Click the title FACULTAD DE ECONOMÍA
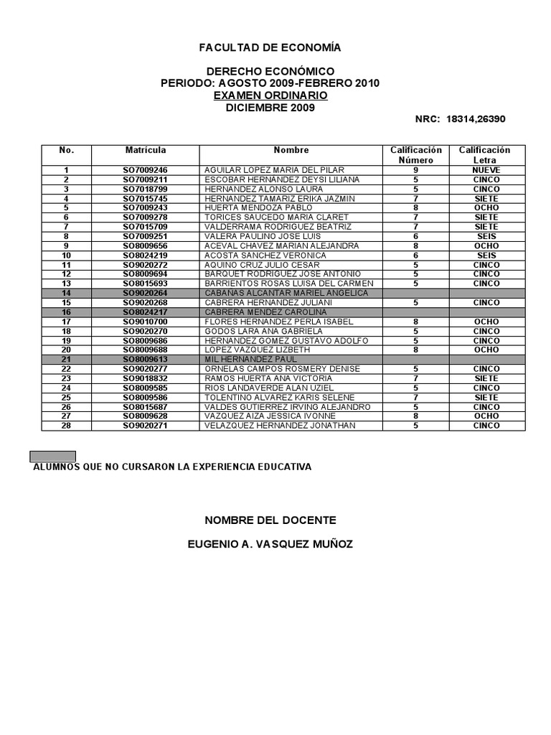(x=270, y=47)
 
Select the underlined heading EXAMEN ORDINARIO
(x=270, y=95)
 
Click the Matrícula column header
(x=146, y=150)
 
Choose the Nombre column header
(x=291, y=150)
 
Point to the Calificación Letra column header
(x=485, y=155)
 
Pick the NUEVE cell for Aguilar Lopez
(x=486, y=170)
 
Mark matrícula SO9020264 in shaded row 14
(x=145, y=293)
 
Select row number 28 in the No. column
(x=66, y=426)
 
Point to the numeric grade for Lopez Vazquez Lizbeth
(x=415, y=350)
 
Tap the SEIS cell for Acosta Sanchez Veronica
(x=486, y=255)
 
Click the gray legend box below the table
(x=52, y=456)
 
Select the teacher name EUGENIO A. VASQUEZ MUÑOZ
(x=270, y=544)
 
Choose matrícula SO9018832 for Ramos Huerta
(x=145, y=378)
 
